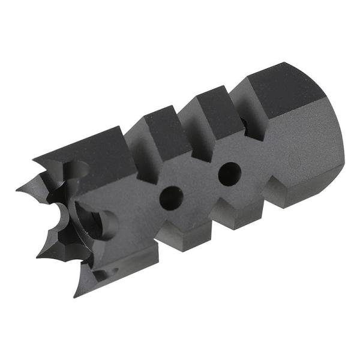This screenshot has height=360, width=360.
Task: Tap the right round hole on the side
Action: click(229, 173)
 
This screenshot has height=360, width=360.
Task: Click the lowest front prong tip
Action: click(76, 296)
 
